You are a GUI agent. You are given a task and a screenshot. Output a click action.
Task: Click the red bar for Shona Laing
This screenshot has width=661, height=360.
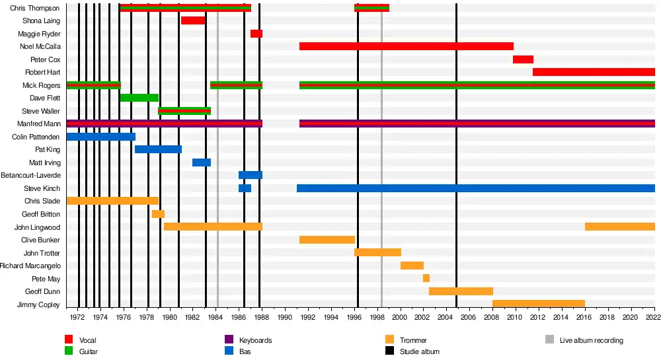pos(193,20)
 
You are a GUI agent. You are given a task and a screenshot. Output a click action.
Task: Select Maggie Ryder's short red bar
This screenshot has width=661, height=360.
pos(256,34)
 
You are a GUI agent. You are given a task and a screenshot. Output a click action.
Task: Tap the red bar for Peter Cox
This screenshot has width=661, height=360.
pos(523,59)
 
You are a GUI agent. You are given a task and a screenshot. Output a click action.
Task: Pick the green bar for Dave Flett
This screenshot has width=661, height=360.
pos(139,98)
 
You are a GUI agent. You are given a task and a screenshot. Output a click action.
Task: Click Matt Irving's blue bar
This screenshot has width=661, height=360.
pos(202,162)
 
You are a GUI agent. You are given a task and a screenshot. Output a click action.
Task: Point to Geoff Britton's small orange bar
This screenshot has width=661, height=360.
pos(158,214)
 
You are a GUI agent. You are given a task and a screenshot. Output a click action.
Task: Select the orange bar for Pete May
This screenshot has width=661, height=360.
pos(426,278)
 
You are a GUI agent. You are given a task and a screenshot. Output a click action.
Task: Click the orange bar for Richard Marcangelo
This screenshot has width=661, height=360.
pos(412,266)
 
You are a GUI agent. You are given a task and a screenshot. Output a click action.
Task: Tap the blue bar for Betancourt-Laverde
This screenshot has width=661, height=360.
pos(251,175)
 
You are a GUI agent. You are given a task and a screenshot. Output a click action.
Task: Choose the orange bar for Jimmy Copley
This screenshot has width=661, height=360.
pos(539,304)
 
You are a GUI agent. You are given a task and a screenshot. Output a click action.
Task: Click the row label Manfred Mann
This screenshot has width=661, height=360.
pos(39,124)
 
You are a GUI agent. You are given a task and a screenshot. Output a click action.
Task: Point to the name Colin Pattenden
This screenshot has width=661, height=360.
pos(36,137)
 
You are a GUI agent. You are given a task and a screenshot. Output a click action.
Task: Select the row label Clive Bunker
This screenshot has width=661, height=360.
pos(41,240)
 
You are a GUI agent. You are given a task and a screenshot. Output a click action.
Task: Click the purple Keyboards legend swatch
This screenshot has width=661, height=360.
pos(229,340)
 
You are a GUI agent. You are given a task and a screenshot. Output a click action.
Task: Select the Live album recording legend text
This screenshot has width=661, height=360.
pos(591,340)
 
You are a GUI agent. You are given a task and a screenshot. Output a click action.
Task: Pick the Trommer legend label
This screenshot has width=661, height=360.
pos(413,340)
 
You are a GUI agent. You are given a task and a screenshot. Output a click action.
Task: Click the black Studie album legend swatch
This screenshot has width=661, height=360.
pos(389,351)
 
